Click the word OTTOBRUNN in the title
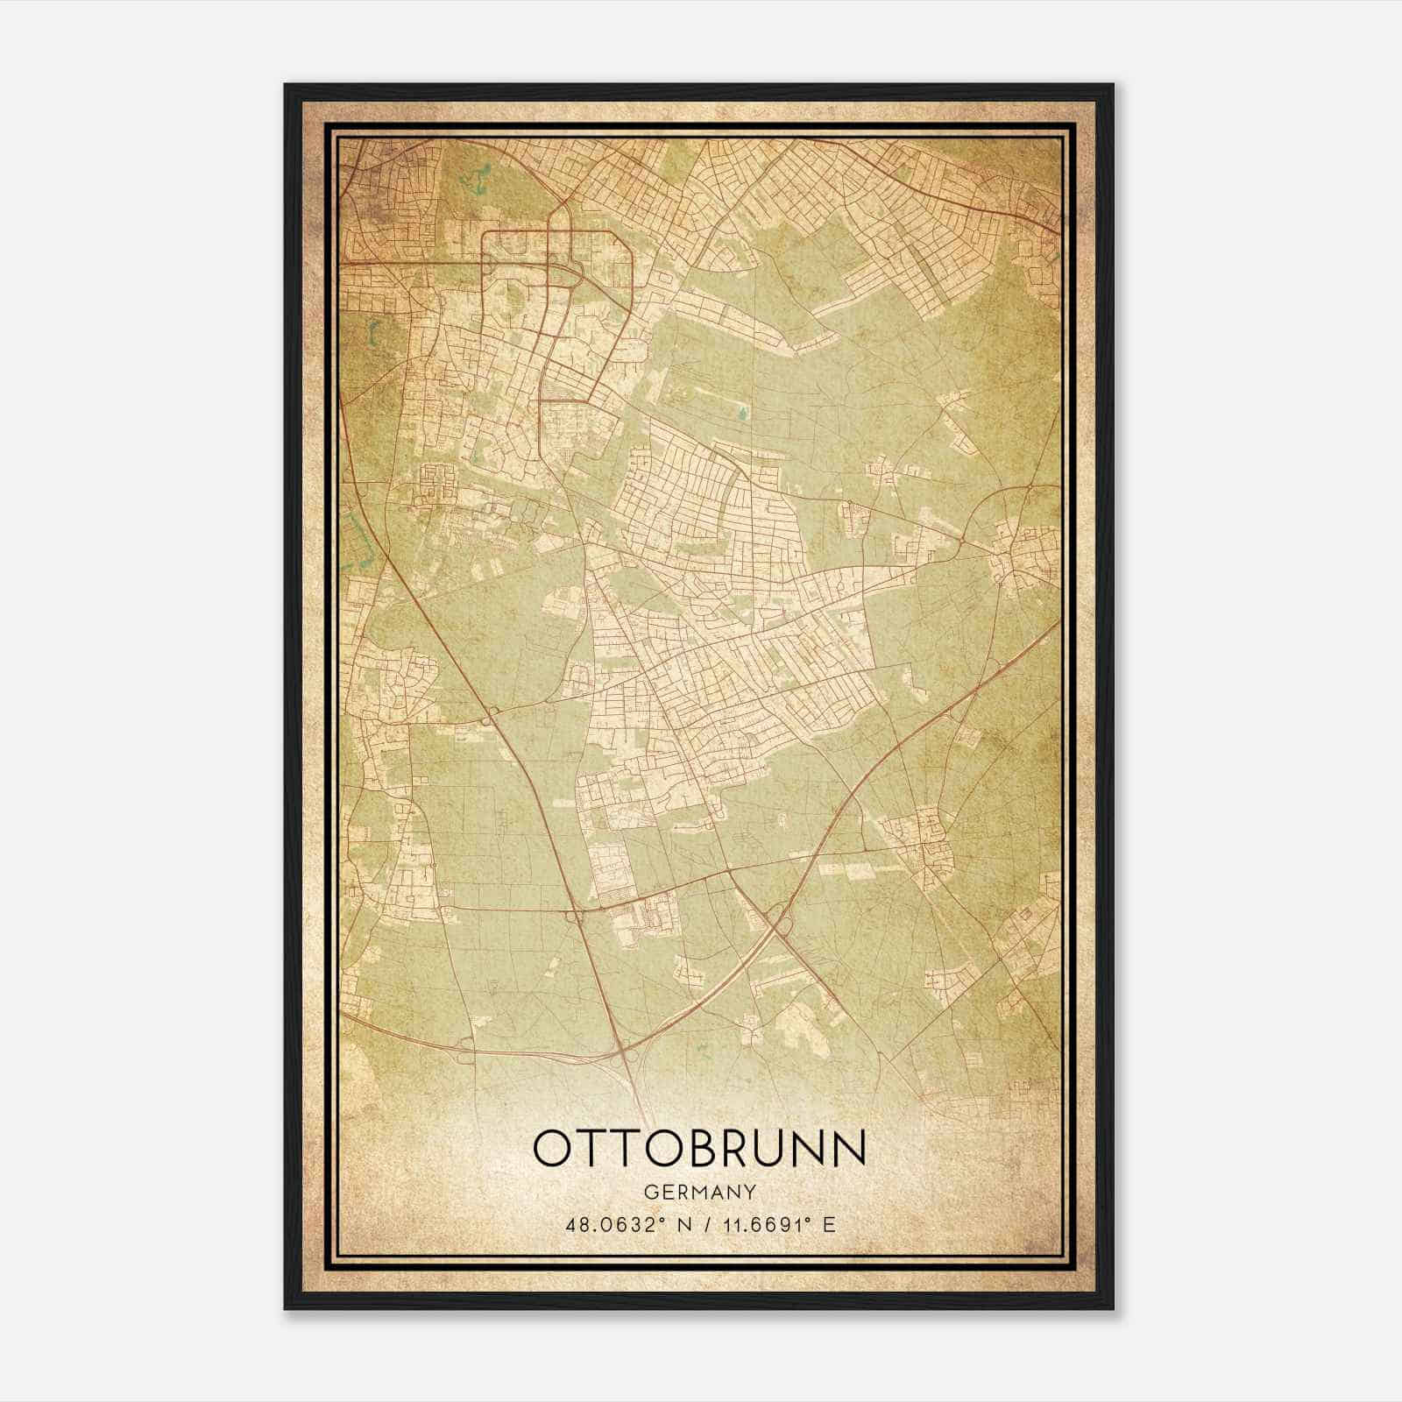tap(699, 1149)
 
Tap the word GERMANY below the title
tap(699, 1193)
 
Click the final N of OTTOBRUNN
tap(848, 1149)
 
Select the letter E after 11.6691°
tap(829, 1224)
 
